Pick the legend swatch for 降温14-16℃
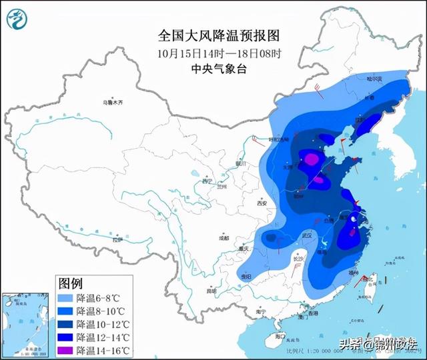65,351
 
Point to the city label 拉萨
118,239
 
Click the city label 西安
260,203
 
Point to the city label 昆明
211,291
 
